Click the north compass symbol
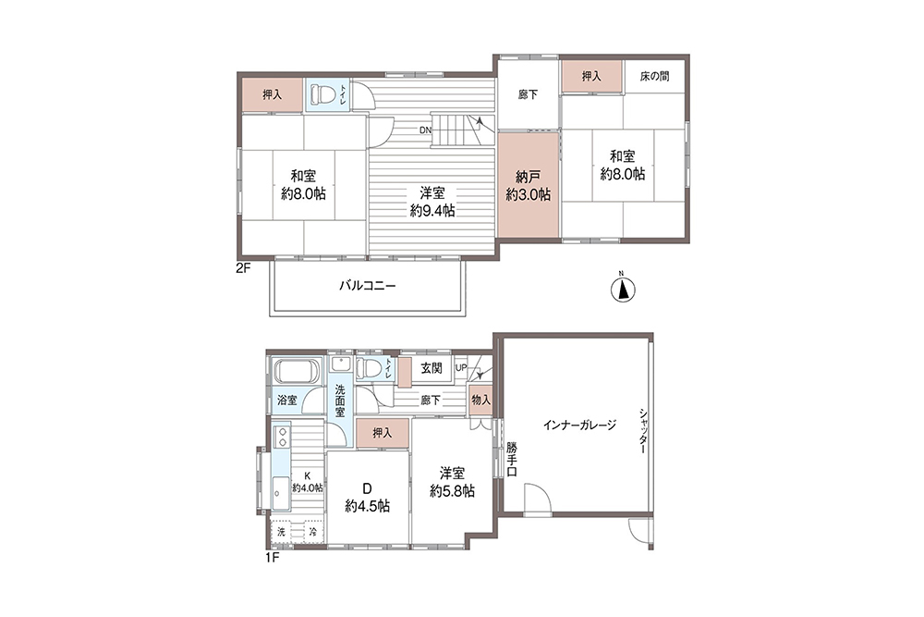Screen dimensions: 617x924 point(624,290)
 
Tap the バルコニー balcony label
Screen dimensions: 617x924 point(367,287)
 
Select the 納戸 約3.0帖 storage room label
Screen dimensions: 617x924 point(529,186)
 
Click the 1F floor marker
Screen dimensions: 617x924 point(273,557)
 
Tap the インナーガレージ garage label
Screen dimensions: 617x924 point(579,426)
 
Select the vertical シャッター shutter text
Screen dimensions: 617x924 point(640,431)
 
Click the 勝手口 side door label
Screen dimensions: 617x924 point(512,460)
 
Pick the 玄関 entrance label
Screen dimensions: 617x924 point(431,368)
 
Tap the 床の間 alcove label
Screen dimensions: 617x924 point(654,77)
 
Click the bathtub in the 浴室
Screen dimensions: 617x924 point(296,375)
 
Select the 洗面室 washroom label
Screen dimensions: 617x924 point(340,401)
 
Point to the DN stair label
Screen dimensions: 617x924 point(425,130)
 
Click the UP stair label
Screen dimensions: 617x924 point(460,368)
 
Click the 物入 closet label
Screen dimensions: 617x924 point(480,400)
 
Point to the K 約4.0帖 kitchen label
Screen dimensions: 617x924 point(308,480)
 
